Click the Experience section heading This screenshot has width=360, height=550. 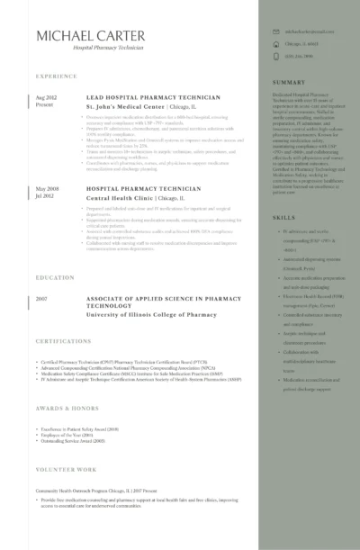point(56,77)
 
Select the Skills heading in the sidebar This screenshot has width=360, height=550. point(283,218)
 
